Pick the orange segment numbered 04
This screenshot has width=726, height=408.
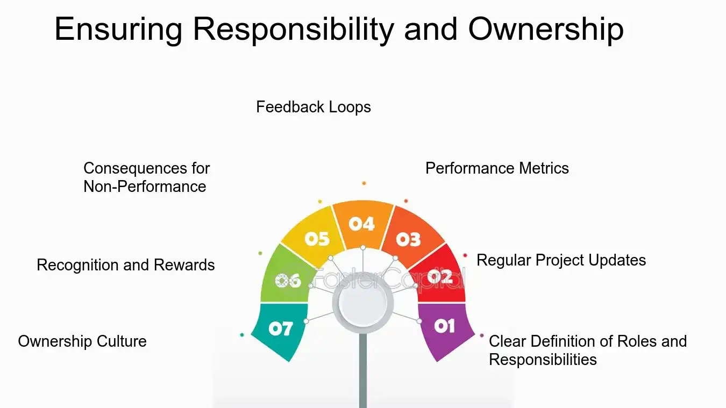pyautogui.click(x=362, y=224)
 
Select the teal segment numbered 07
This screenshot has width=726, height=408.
pyautogui.click(x=281, y=329)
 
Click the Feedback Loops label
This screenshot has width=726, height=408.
pyautogui.click(x=314, y=107)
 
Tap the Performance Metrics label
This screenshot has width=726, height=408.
pyautogui.click(x=497, y=168)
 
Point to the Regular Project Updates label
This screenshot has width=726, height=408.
pyautogui.click(x=561, y=260)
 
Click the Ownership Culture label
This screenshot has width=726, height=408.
pyautogui.click(x=82, y=341)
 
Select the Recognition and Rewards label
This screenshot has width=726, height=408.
pyautogui.click(x=126, y=265)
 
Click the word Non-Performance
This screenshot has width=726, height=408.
pyautogui.click(x=145, y=187)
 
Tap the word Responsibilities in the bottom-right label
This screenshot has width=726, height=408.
pyautogui.click(x=543, y=360)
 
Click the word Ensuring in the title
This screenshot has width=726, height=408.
pyautogui.click(x=119, y=29)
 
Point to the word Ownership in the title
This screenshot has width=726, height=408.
pyautogui.click(x=546, y=29)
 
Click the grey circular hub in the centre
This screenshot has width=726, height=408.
pyautogui.click(x=363, y=303)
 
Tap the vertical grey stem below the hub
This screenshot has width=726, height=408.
pyautogui.click(x=363, y=371)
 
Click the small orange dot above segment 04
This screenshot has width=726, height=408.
pyautogui.click(x=364, y=183)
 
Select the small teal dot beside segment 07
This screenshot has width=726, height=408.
pyautogui.click(x=242, y=335)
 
